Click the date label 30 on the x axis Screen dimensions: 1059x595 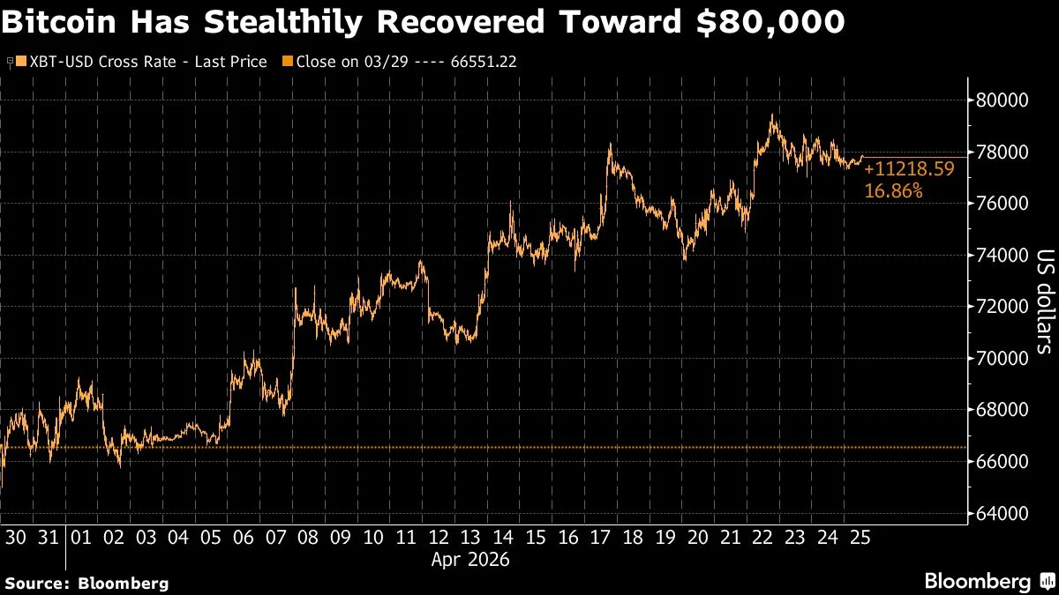(x=16, y=538)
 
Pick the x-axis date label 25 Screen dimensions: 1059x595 (x=860, y=538)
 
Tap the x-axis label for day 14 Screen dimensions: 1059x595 (x=503, y=538)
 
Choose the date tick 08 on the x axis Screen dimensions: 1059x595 (x=308, y=538)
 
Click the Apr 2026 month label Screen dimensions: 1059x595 (x=470, y=560)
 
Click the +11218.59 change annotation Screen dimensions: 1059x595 (x=909, y=169)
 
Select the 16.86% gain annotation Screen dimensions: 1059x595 (x=893, y=190)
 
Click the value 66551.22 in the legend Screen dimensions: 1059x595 (x=484, y=62)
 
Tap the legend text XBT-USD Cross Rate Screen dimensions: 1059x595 (x=103, y=62)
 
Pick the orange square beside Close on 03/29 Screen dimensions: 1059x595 (x=288, y=61)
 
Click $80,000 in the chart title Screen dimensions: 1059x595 (x=770, y=21)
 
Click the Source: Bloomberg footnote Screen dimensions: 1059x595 (x=87, y=584)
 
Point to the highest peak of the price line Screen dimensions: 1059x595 (x=772, y=115)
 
